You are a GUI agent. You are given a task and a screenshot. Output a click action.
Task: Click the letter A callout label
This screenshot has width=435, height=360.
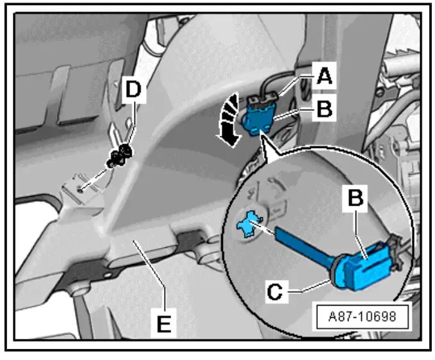pos(324,78)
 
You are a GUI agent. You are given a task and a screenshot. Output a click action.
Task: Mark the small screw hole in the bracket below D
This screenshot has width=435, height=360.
pos(79,188)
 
